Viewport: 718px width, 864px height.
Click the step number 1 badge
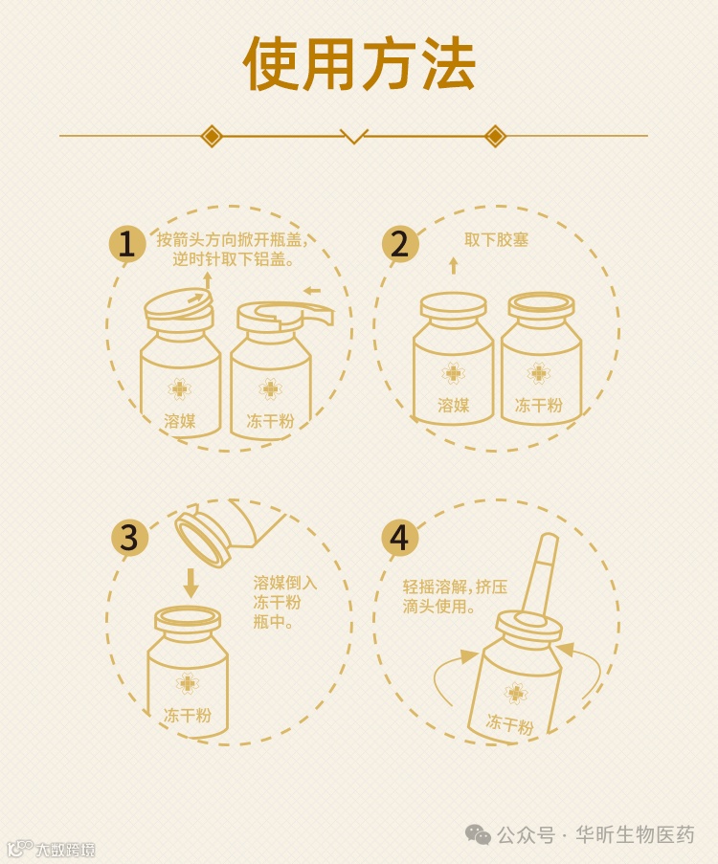point(126,244)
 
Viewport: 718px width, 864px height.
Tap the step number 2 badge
point(400,244)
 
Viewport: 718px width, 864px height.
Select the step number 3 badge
point(129,537)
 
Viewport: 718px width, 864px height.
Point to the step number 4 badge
point(400,537)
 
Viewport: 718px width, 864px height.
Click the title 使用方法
point(359,64)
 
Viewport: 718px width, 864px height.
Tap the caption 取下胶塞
point(496,240)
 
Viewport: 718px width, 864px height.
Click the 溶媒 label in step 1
point(180,421)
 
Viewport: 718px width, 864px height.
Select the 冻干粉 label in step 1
point(270,421)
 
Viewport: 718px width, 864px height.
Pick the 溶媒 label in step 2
point(454,406)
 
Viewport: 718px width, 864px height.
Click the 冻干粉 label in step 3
point(188,716)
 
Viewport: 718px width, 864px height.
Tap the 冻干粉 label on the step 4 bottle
point(509,723)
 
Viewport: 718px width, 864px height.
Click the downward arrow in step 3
point(191,583)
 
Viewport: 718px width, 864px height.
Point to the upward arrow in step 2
point(454,265)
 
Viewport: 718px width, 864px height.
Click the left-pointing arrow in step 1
point(312,290)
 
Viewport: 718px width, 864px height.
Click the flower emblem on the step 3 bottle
point(188,683)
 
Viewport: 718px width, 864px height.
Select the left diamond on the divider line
point(212,136)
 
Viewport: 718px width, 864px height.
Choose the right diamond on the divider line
point(495,136)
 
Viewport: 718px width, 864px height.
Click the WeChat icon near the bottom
point(478,834)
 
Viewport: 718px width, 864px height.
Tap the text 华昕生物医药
point(635,834)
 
